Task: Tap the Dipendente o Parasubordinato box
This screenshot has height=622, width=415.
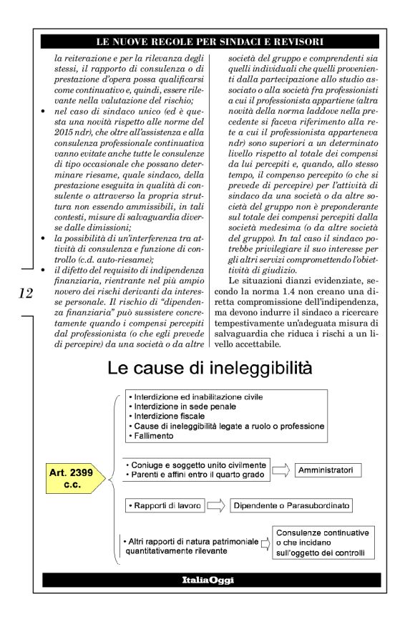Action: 291,505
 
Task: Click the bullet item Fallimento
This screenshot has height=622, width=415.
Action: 151,435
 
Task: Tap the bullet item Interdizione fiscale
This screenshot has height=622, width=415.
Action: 165,416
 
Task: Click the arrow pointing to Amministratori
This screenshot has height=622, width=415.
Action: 281,470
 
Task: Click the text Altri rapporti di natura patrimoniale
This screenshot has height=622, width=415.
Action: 186,541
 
